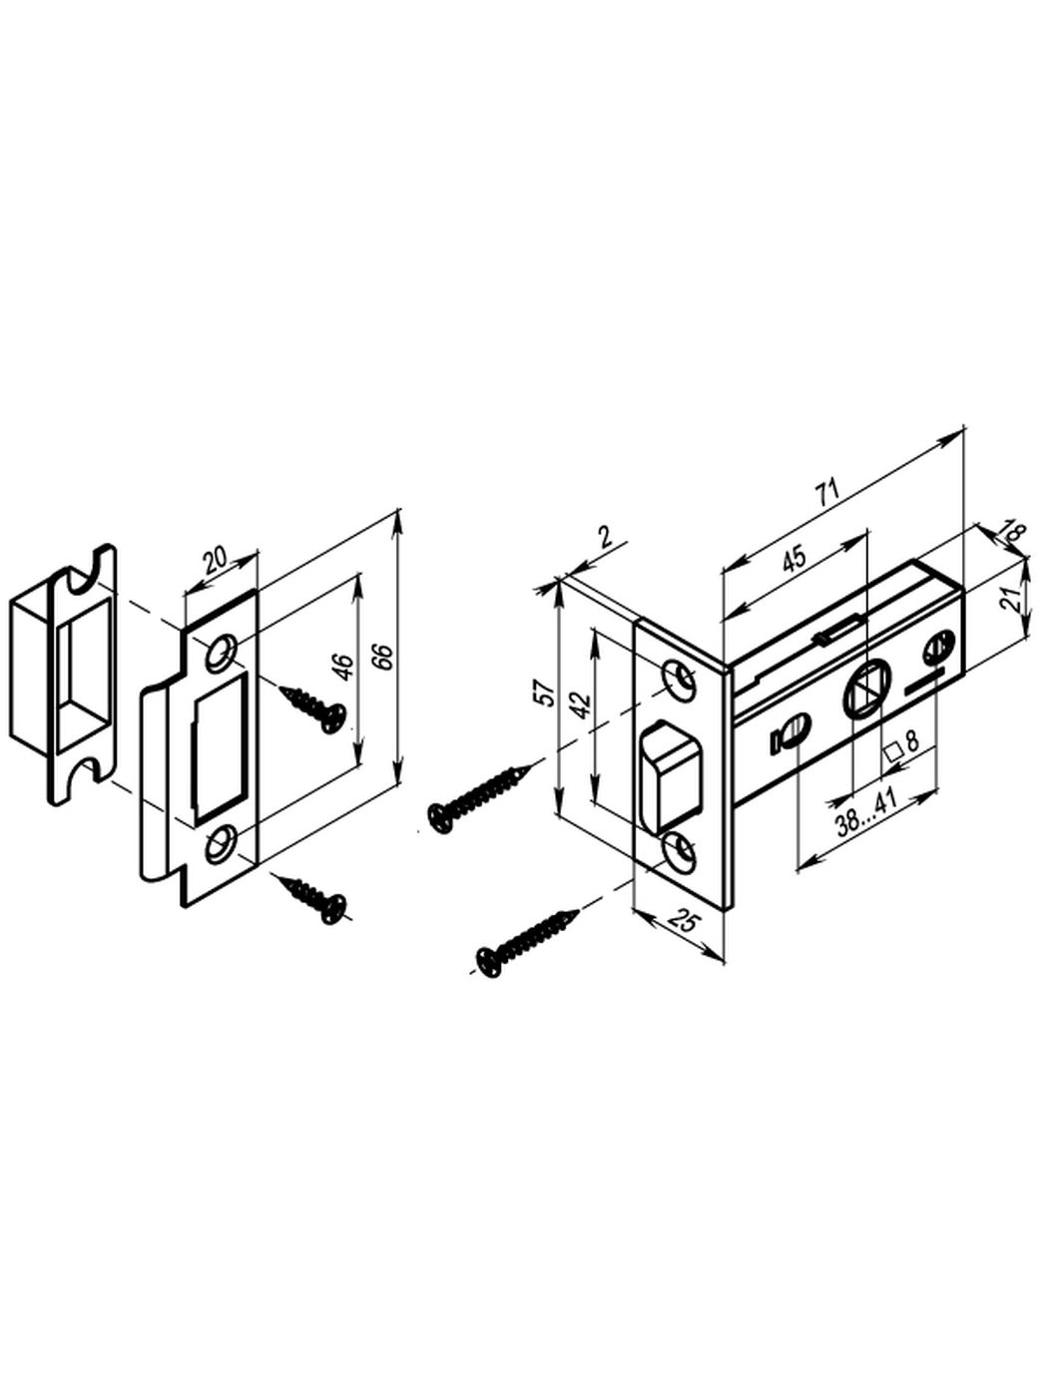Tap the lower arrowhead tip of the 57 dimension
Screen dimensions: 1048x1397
558,814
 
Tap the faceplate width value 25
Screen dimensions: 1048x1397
683,922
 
